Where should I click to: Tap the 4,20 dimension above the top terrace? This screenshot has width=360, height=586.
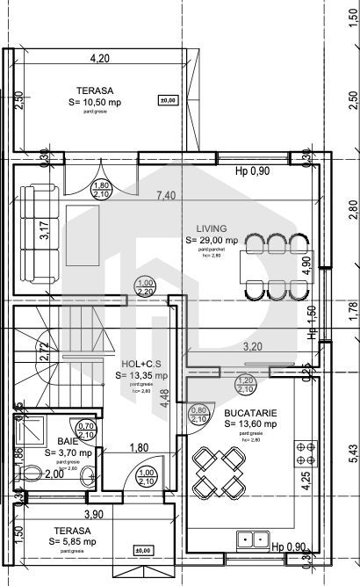pos(104,60)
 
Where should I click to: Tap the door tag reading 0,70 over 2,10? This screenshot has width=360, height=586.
pos(86,430)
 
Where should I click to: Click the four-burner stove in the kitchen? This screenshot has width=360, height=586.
pos(306,452)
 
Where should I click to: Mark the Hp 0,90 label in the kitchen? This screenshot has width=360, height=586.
pos(290,547)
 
